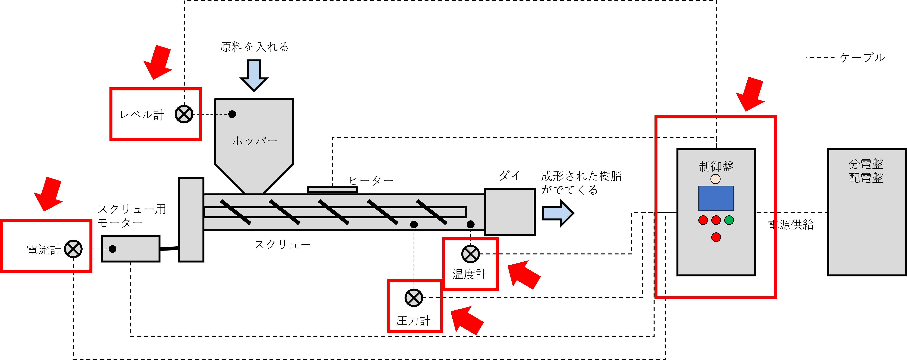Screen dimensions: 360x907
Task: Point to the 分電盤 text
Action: (x=866, y=164)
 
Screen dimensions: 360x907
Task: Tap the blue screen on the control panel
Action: (x=716, y=198)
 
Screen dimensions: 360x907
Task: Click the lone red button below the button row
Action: (x=716, y=237)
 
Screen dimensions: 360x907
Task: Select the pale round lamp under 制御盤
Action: (x=715, y=179)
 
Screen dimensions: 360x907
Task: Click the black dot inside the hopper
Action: (x=232, y=114)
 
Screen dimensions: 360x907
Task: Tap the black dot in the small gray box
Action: (x=112, y=249)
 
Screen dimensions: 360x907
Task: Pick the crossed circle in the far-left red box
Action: (x=73, y=249)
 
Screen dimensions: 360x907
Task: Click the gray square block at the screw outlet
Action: (x=510, y=212)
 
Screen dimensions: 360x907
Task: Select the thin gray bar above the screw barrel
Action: (x=332, y=190)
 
